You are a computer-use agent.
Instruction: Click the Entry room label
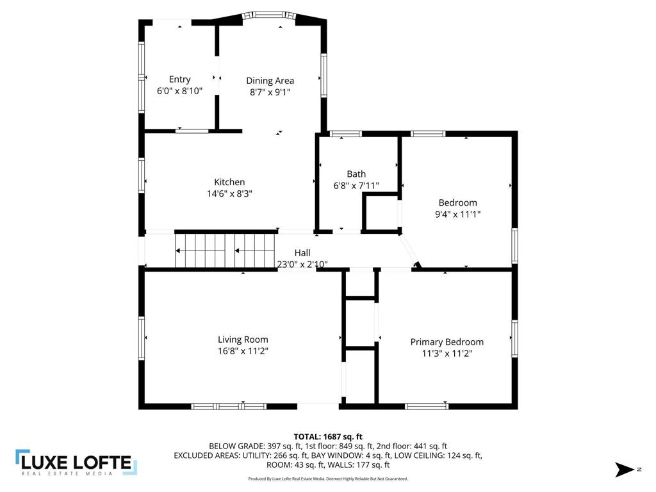(179, 79)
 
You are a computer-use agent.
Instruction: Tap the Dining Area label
(270, 81)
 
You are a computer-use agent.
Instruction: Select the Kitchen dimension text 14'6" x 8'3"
(229, 193)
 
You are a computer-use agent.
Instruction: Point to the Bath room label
(356, 174)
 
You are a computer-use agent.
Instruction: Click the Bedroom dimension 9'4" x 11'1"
(457, 215)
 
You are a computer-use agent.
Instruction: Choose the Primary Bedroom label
(447, 342)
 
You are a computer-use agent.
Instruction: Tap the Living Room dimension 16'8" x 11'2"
(243, 351)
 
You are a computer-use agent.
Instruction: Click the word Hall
(302, 253)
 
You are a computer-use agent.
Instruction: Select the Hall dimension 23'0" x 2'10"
(302, 264)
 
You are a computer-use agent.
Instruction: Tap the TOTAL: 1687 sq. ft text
(328, 436)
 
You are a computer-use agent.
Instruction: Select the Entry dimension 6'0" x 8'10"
(179, 91)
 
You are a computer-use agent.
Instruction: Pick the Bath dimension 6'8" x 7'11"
(356, 186)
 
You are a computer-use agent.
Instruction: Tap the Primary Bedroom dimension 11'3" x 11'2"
(447, 353)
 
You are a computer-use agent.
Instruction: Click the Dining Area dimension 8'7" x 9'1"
(270, 92)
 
